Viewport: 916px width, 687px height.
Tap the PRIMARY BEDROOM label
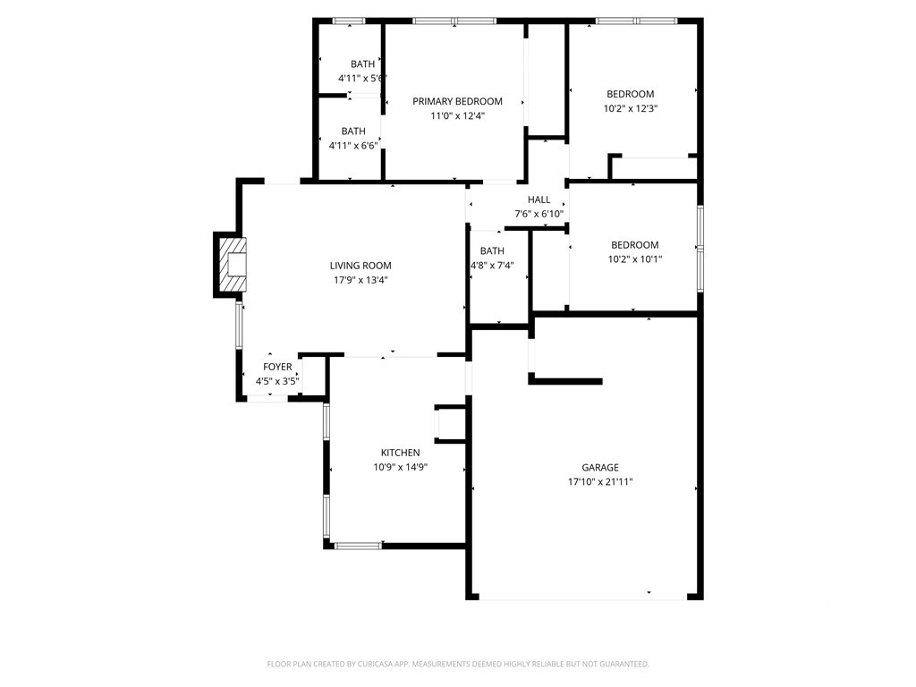coord(457,101)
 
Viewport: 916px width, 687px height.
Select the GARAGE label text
coord(600,467)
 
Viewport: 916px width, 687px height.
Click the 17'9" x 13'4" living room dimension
coord(360,280)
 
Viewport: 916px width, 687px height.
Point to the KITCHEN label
coord(400,453)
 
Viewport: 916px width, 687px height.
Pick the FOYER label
coord(277,367)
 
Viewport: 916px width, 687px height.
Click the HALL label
coord(539,199)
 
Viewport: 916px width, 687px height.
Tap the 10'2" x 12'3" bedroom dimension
coord(631,108)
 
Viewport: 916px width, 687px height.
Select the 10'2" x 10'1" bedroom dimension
coord(635,259)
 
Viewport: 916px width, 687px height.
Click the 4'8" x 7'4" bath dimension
coord(492,265)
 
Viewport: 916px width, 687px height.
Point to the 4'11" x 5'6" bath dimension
coord(362,79)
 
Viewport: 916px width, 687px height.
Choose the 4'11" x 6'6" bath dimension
coord(353,146)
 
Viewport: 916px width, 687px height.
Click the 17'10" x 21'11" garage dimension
coord(600,482)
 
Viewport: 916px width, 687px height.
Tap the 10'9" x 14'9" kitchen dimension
coord(400,467)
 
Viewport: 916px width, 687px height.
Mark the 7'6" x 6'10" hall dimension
coord(539,215)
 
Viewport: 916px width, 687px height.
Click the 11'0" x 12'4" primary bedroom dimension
coord(457,115)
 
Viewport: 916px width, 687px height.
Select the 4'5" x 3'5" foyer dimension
coord(277,381)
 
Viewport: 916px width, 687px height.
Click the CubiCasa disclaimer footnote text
coord(458,665)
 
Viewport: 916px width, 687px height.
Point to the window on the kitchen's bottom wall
coord(358,547)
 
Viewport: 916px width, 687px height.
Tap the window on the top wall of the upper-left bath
coord(349,21)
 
